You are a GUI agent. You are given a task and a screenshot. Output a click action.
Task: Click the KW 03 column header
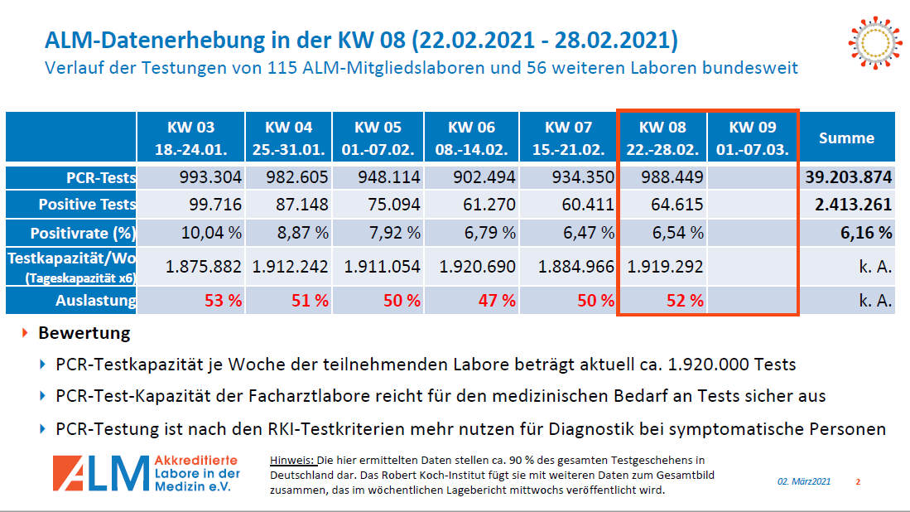click(x=190, y=138)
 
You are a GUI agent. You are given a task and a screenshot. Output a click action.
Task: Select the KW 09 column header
click(x=753, y=138)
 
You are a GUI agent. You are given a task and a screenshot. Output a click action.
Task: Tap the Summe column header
click(x=846, y=138)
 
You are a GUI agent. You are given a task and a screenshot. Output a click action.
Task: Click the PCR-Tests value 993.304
click(x=210, y=177)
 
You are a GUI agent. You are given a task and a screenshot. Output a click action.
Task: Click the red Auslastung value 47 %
click(x=497, y=301)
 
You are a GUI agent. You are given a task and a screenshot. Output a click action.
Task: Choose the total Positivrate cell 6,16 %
click(x=866, y=233)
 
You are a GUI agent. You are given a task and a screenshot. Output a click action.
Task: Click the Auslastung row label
click(x=95, y=301)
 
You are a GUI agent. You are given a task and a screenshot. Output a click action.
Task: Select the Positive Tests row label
click(x=87, y=205)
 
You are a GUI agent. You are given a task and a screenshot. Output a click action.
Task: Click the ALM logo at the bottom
click(x=146, y=473)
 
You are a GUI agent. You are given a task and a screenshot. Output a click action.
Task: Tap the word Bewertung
click(x=84, y=334)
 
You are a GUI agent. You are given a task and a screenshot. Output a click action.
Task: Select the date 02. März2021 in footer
click(x=803, y=481)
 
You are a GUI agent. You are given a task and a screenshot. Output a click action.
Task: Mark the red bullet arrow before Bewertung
click(x=26, y=333)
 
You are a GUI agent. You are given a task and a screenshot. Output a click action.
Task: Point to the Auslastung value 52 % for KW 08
click(x=686, y=301)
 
